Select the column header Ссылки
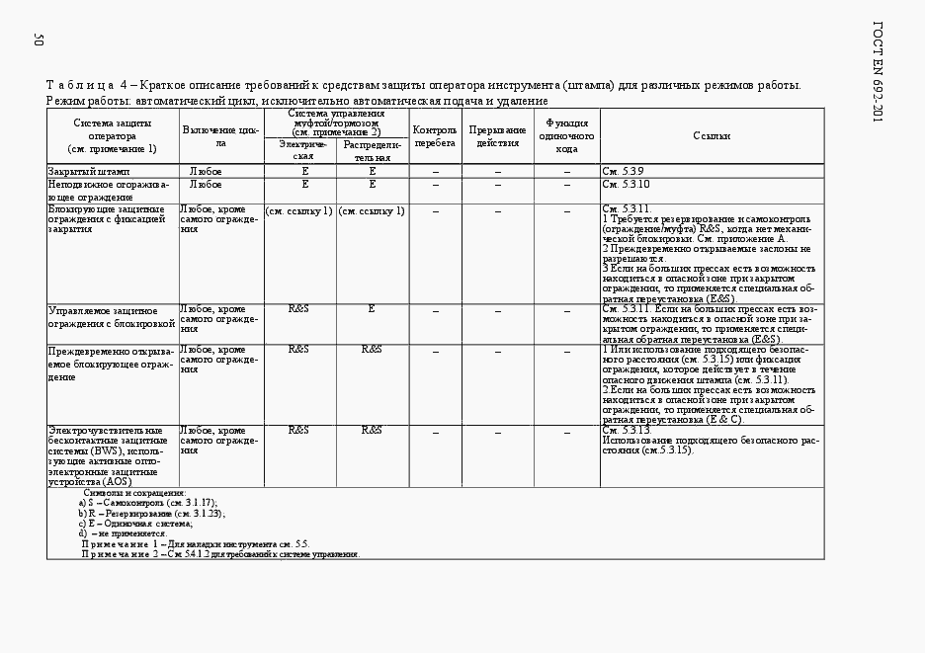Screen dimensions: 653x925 pyautogui.click(x=712, y=136)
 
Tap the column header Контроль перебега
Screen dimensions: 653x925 pyautogui.click(x=435, y=136)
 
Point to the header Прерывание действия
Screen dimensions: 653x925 pyautogui.click(x=497, y=136)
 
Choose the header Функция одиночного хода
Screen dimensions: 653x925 pyautogui.click(x=567, y=136)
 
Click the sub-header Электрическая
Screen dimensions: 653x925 pyautogui.click(x=303, y=151)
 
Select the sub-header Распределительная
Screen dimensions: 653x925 pyautogui.click(x=372, y=151)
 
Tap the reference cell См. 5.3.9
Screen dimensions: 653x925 pyautogui.click(x=624, y=172)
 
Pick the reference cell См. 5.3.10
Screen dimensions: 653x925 pyautogui.click(x=626, y=184)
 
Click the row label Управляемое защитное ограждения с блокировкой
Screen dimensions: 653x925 pyautogui.click(x=111, y=316)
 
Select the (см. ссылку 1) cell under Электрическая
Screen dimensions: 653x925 pyautogui.click(x=298, y=210)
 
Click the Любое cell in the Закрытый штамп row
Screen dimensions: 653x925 pyautogui.click(x=206, y=172)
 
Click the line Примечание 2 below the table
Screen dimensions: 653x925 pyautogui.click(x=219, y=554)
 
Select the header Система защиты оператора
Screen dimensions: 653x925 pyautogui.click(x=112, y=135)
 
